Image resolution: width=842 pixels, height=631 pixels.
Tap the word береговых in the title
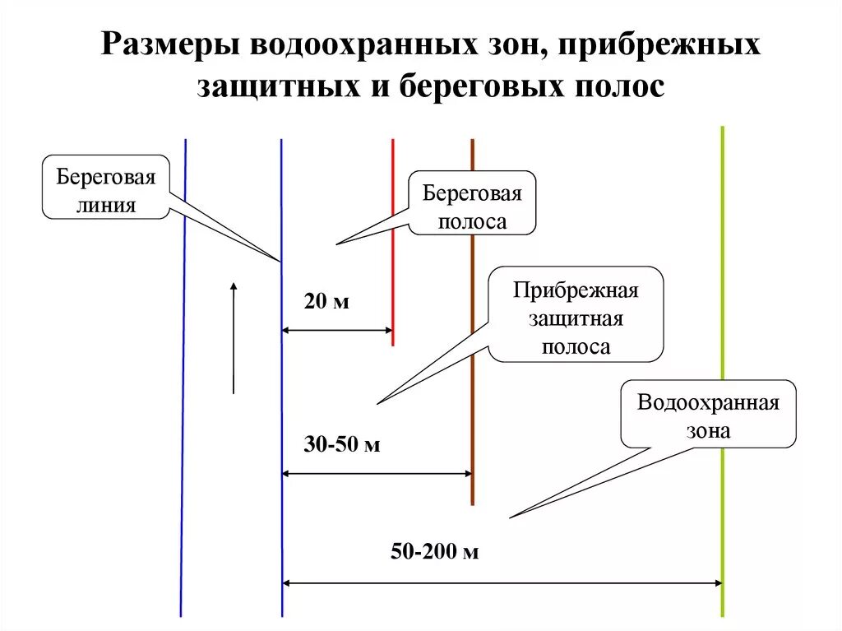point(485,86)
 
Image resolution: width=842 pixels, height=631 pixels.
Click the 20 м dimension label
point(326,302)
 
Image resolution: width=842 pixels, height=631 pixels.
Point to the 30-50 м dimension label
point(341,445)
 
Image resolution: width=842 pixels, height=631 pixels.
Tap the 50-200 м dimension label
point(434,552)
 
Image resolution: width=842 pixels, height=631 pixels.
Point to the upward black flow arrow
point(234,337)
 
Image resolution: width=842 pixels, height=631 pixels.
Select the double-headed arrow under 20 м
point(337,331)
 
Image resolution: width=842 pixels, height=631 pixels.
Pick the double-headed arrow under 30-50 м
point(377,474)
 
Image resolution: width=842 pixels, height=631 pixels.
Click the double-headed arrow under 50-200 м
point(502,583)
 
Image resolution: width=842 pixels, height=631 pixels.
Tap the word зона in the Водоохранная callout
point(708,429)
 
